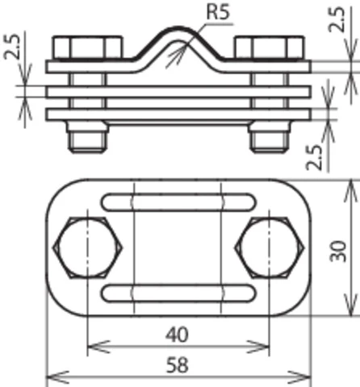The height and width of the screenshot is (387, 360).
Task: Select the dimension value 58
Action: pyautogui.click(x=179, y=365)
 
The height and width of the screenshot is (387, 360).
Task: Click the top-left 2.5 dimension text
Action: pyautogui.click(x=13, y=51)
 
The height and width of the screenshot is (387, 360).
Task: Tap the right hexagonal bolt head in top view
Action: pyautogui.click(x=270, y=247)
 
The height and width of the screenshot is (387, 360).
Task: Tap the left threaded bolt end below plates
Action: pyautogui.click(x=87, y=140)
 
